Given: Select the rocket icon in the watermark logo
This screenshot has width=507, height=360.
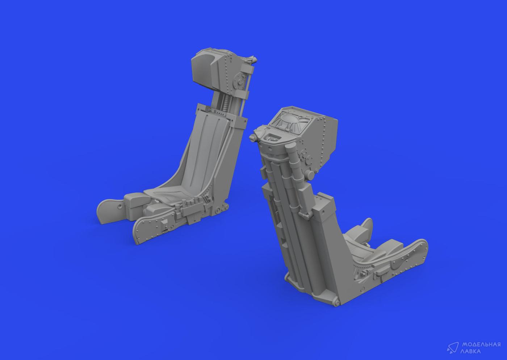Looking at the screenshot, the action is [452, 348].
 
